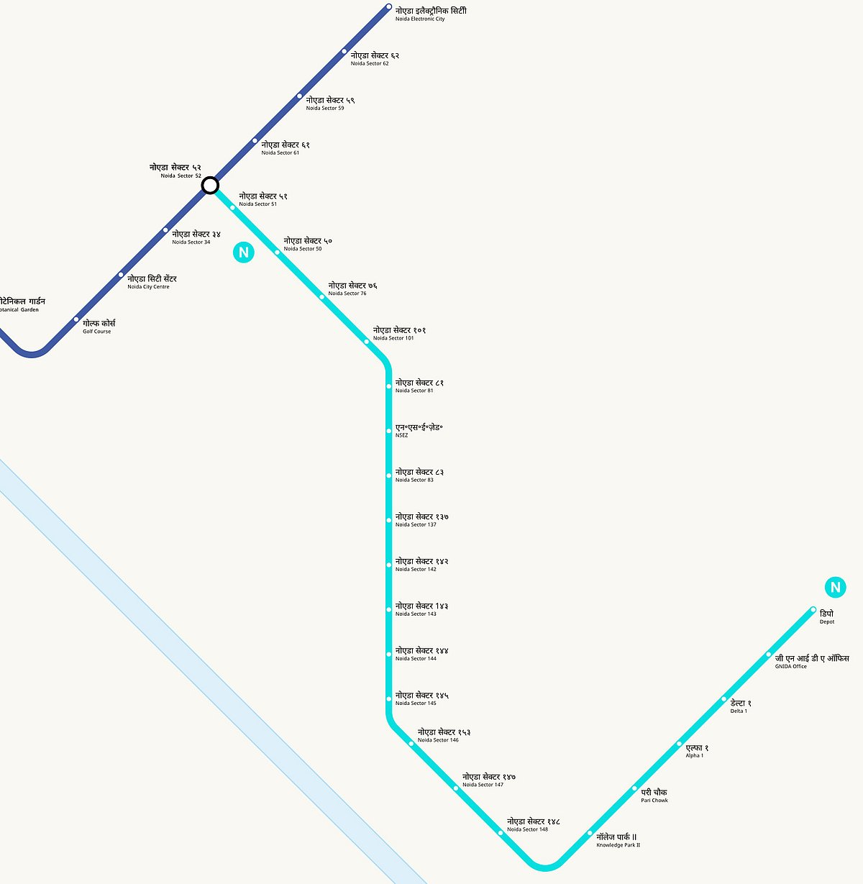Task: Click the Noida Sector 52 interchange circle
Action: click(209, 186)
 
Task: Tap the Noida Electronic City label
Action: click(430, 14)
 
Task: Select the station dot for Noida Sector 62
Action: click(344, 52)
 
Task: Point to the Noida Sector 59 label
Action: click(329, 103)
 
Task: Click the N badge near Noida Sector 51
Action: click(244, 252)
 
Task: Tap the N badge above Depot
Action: click(835, 588)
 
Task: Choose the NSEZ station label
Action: click(419, 430)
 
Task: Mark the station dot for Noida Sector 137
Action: click(389, 520)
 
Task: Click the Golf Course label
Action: click(99, 327)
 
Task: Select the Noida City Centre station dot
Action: click(121, 275)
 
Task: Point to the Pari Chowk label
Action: click(654, 795)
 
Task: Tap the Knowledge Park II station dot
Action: click(590, 833)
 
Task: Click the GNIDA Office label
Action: click(811, 661)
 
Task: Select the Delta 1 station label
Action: click(740, 706)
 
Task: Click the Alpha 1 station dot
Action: click(679, 744)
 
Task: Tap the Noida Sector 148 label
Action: click(533, 824)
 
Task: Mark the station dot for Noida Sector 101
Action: click(367, 342)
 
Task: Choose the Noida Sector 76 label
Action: click(352, 288)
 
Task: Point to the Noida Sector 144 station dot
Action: click(389, 654)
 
